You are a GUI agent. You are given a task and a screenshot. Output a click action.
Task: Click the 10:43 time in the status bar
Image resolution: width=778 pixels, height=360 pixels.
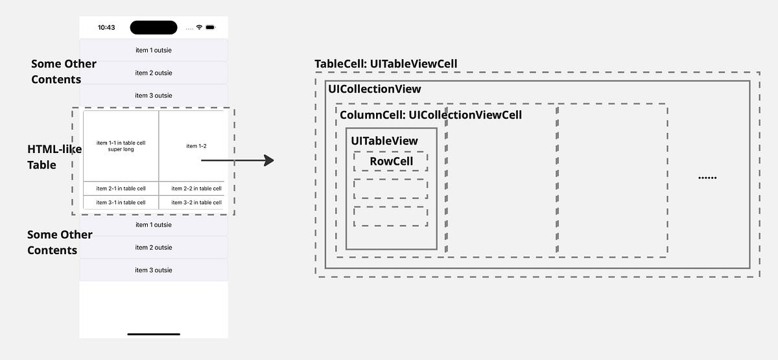(106, 28)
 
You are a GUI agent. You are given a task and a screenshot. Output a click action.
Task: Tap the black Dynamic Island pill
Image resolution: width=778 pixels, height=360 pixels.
(154, 27)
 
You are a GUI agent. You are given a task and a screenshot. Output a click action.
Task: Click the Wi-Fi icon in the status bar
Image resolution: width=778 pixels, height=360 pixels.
(199, 28)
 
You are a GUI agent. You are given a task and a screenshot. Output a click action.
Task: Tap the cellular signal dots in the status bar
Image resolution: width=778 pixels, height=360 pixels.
(189, 28)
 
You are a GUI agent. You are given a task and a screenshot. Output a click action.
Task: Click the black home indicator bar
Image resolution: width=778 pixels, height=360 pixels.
(154, 334)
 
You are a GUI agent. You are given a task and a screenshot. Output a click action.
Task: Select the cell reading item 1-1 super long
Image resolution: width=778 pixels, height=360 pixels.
(121, 146)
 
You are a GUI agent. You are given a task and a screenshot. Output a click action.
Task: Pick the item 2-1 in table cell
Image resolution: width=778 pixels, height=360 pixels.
(121, 189)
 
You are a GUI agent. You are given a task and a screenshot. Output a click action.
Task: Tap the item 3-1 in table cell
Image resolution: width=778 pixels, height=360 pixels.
(121, 202)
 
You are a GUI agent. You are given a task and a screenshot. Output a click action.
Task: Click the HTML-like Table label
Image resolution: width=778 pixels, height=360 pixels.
(52, 157)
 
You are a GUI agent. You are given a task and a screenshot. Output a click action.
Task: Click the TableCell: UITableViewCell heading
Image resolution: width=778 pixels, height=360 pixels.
(386, 64)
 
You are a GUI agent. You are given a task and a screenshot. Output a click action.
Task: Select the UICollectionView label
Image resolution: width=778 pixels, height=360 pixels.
(375, 89)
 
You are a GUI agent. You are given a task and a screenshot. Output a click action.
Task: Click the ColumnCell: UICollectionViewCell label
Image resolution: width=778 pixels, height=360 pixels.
(430, 115)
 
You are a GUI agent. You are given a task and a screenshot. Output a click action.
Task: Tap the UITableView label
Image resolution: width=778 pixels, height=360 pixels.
(384, 141)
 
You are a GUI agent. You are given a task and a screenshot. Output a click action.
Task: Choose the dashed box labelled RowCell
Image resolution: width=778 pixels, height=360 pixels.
(391, 162)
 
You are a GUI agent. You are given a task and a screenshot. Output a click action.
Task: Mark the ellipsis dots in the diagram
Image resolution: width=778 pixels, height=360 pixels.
(707, 178)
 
